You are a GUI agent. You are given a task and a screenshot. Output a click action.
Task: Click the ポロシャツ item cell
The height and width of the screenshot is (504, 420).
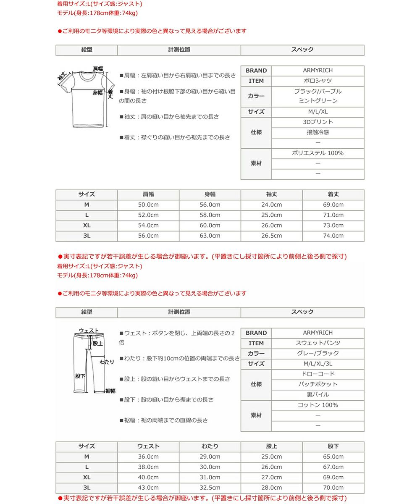point(318,81)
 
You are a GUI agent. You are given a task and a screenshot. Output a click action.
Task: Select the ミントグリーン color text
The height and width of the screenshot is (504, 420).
point(318,101)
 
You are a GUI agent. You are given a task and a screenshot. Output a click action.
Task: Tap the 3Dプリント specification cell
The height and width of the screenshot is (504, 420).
point(318,122)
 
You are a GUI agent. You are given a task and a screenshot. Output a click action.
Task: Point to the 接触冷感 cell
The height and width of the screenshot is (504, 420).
point(318,132)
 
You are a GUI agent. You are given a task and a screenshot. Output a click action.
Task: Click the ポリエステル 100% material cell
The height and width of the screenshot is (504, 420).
point(318,153)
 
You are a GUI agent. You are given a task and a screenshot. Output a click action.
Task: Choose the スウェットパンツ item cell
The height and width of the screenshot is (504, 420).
point(318,343)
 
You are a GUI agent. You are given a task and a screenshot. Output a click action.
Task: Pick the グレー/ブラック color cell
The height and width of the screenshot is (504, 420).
point(318,353)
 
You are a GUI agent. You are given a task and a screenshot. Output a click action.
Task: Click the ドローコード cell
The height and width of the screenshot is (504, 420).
point(318,374)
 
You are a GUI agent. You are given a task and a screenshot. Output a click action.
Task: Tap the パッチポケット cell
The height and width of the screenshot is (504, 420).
point(318,384)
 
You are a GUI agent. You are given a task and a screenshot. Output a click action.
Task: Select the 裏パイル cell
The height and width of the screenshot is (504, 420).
point(318,394)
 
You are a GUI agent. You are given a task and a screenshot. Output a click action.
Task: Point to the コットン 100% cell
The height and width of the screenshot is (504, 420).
point(318,405)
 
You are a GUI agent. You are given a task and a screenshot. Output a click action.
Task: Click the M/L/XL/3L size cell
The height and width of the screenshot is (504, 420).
point(318,364)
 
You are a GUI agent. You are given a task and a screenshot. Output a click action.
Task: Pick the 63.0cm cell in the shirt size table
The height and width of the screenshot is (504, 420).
point(210,236)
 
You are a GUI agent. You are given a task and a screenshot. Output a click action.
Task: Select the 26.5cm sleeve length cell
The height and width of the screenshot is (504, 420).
point(271,236)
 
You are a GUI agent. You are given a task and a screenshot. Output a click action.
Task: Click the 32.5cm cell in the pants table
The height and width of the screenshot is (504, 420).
point(210,488)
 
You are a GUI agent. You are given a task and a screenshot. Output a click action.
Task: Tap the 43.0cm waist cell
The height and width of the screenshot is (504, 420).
point(148,488)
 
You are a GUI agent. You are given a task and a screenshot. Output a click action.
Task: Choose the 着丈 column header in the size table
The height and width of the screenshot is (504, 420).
point(333,194)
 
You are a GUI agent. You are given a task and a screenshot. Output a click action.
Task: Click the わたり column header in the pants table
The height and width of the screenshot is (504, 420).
point(210,446)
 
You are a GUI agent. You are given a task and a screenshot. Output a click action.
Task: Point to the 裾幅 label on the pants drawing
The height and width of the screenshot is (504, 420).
point(110,391)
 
